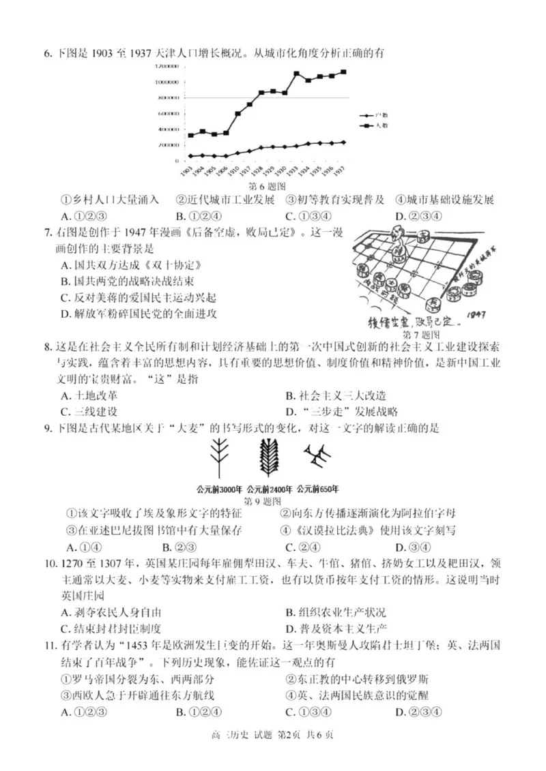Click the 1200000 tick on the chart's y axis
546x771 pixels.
point(167,66)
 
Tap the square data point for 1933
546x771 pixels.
point(297,74)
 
